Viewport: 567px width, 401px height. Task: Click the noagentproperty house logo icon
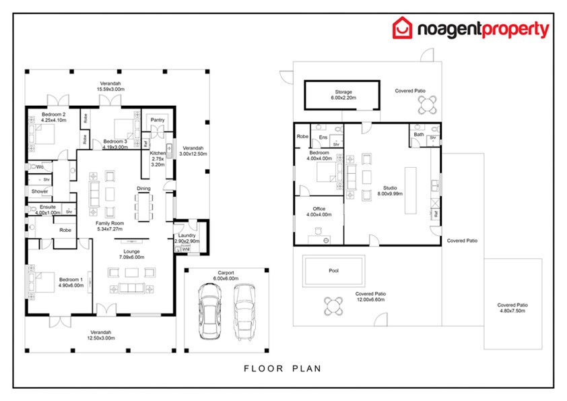[x=403, y=29]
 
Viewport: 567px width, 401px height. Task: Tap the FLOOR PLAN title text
[x=282, y=369]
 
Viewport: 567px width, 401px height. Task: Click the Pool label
[x=334, y=270]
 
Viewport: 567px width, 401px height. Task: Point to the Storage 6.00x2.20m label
[x=343, y=95]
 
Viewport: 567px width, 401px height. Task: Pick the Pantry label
[x=158, y=120]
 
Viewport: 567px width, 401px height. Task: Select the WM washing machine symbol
[x=186, y=249]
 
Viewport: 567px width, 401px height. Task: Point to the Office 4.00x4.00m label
[x=319, y=212]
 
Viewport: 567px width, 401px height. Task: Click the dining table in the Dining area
[x=144, y=207]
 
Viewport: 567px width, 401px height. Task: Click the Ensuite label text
[x=47, y=207]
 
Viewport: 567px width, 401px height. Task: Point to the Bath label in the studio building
[x=419, y=134]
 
